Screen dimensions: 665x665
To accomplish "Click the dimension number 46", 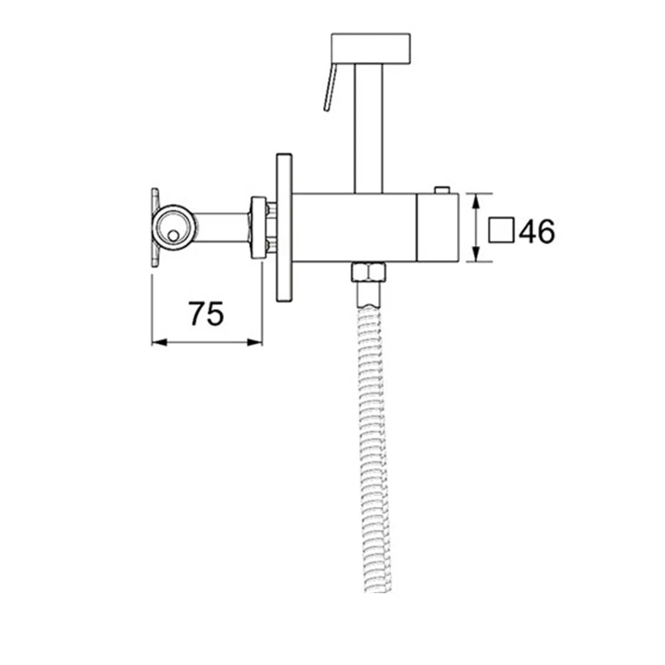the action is point(537,231).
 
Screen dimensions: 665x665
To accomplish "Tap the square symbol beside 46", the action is point(501,231).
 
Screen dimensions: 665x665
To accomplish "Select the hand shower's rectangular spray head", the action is point(370,47).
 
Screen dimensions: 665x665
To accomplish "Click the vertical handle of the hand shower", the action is point(368,126).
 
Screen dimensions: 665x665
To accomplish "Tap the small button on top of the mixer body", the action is point(442,190).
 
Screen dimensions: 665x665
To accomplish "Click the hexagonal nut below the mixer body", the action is point(368,272).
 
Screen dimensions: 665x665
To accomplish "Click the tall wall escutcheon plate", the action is point(284,227).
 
